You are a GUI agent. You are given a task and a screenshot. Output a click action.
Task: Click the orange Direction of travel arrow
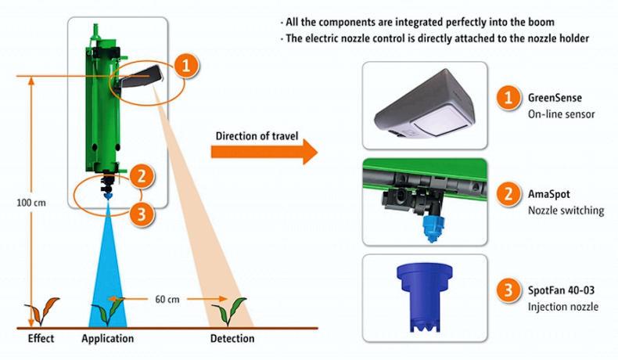[x=266, y=151]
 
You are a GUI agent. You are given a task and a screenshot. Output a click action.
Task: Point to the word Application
[x=107, y=339]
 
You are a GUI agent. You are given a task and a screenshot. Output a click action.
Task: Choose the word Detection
[x=232, y=339]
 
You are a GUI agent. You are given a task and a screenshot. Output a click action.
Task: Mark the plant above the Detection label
[x=231, y=311]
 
